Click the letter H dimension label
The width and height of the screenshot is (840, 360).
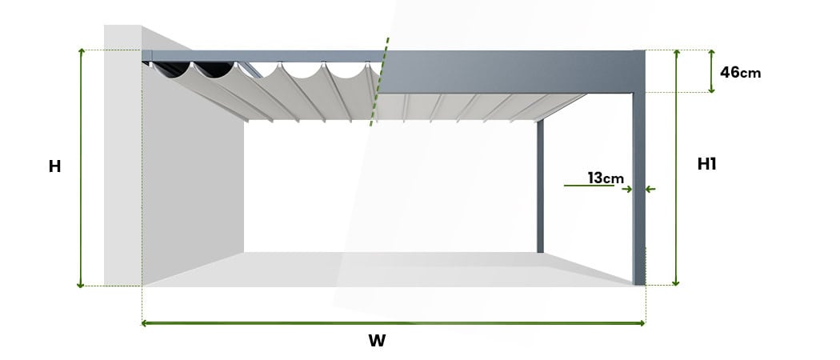[54, 166]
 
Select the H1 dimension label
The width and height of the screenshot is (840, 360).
[706, 164]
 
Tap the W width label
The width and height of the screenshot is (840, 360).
[377, 341]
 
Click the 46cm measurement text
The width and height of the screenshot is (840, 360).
[740, 72]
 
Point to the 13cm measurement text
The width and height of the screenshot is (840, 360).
[606, 178]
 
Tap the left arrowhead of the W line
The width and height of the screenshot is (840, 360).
[145, 323]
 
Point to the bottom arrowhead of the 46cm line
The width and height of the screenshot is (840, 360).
[711, 89]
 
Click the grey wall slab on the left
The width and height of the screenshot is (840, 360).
[122, 160]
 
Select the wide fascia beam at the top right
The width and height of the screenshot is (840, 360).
[512, 72]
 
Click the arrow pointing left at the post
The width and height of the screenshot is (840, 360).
[650, 190]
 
